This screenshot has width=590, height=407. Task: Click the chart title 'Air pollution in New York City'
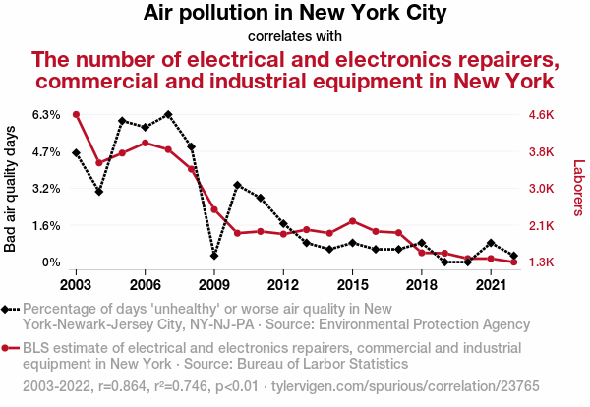coord(295,14)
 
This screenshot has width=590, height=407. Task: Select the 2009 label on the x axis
coord(214,285)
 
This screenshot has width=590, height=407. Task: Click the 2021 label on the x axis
coord(491,285)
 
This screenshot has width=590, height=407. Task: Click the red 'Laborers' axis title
coord(578,189)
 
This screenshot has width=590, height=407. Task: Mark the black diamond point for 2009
coord(214,256)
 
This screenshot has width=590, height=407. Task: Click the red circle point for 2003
coord(76,114)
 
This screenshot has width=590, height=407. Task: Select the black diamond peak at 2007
coord(168,114)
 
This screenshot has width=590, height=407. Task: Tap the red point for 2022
coord(514,262)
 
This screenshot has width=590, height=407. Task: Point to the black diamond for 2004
coord(99,192)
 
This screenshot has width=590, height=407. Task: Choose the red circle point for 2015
coord(353,221)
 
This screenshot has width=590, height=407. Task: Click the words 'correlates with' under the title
coord(295,36)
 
